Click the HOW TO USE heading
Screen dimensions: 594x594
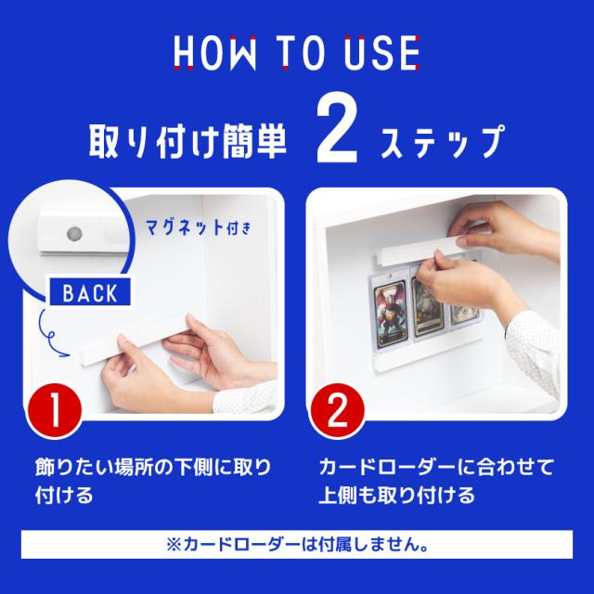click(296, 53)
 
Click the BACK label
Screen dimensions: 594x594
click(89, 293)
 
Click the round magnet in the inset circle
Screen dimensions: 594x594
click(71, 229)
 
